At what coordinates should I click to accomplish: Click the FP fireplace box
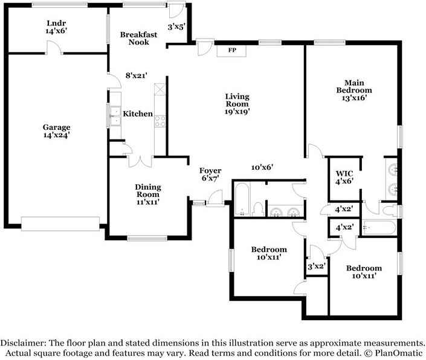click(231, 51)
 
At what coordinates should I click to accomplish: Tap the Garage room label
click(57, 127)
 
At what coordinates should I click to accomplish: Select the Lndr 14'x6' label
click(56, 27)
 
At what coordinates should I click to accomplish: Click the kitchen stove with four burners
click(160, 121)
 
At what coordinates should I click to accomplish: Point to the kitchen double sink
click(115, 116)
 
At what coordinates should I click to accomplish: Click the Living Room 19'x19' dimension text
click(237, 111)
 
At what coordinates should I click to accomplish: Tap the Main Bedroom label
click(354, 86)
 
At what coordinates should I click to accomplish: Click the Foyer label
click(210, 170)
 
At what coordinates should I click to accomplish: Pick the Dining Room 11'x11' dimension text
click(148, 202)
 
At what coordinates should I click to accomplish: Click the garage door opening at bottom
click(60, 223)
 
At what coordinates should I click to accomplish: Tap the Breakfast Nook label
click(138, 38)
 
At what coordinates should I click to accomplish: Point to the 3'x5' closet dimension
click(176, 27)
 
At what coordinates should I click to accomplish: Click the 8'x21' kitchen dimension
click(137, 76)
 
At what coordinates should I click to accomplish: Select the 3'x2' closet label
click(317, 266)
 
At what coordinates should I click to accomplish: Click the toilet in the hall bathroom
click(257, 209)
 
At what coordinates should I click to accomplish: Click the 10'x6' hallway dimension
click(262, 167)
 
